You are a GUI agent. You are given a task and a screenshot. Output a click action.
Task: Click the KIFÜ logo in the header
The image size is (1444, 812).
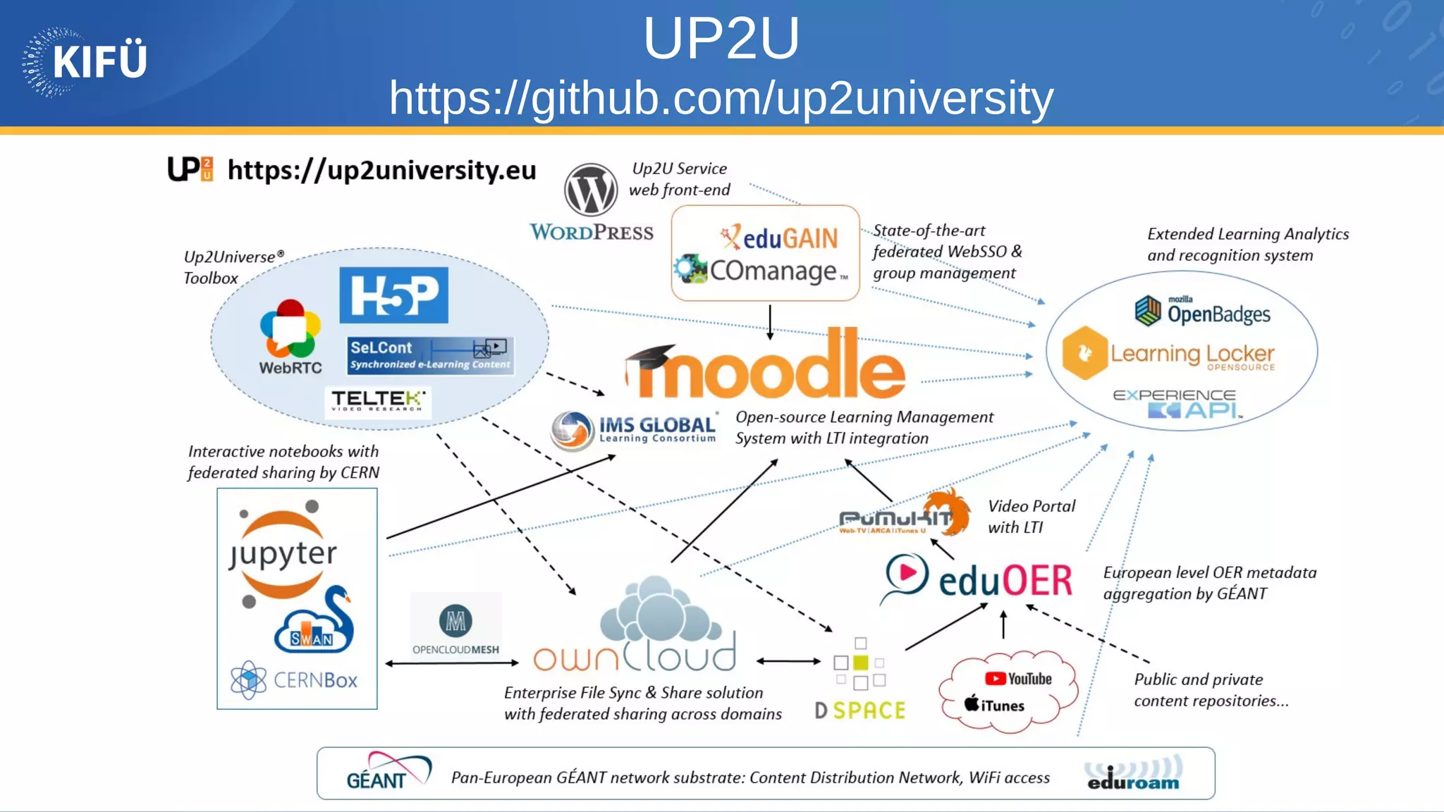(85, 62)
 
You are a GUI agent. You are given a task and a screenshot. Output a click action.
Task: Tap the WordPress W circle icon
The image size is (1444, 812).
(591, 190)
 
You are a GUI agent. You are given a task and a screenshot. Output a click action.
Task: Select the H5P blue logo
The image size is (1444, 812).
(393, 295)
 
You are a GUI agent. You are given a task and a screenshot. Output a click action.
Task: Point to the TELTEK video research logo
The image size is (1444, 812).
(378, 402)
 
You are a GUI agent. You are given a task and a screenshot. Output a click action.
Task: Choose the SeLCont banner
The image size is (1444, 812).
(430, 355)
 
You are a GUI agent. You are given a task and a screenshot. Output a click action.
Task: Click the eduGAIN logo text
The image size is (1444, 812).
(779, 238)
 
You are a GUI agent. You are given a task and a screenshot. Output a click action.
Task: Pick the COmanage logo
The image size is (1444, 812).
(761, 271)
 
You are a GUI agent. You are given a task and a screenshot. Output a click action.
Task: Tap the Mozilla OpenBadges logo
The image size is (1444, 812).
(1203, 311)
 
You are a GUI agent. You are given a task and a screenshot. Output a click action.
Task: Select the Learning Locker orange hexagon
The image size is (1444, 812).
(1084, 353)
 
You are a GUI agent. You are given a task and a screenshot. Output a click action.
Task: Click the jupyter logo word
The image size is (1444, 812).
(283, 554)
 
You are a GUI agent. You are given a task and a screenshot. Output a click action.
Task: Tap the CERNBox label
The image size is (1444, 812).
(314, 680)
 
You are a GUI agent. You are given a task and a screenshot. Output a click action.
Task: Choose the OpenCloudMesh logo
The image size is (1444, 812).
(455, 627)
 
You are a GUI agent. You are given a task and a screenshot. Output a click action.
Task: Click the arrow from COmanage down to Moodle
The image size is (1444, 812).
(770, 322)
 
